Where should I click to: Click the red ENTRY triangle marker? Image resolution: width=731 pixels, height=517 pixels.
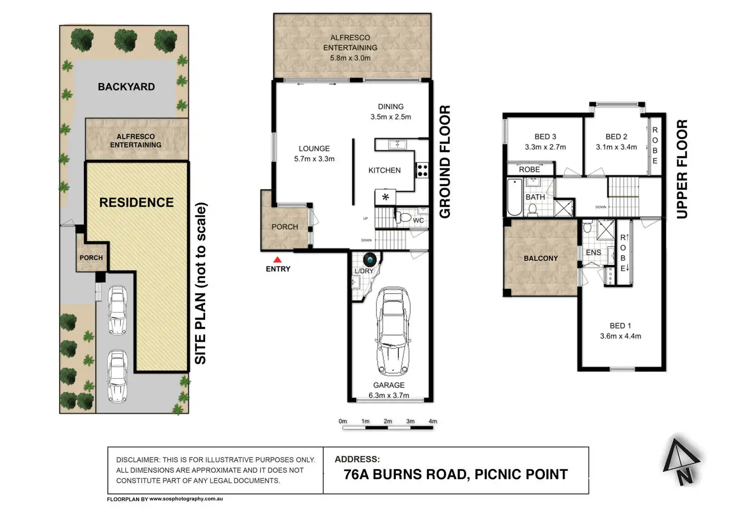click(278, 260)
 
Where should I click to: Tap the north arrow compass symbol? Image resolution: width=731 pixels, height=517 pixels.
click(681, 461)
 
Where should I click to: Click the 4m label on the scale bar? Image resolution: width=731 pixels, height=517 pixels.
click(433, 421)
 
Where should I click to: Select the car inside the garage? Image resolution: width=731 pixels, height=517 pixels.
click(393, 332)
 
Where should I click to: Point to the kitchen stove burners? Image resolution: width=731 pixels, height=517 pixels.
click(422, 170)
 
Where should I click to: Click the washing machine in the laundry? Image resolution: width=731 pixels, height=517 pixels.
click(370, 260)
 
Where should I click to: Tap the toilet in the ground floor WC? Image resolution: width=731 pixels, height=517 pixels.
click(403, 217)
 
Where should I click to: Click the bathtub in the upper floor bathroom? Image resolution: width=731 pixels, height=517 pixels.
click(514, 197)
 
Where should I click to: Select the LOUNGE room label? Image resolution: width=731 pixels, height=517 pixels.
click(314, 148)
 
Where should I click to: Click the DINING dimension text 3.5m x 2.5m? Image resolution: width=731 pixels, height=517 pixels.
click(391, 117)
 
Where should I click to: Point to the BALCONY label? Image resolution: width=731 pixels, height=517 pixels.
click(541, 258)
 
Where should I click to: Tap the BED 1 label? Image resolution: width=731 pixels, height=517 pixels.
click(620, 326)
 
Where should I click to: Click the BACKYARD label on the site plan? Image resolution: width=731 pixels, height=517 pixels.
click(126, 87)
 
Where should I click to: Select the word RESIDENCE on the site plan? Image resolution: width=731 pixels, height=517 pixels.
click(137, 202)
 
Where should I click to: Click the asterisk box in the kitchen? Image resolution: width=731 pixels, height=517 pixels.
click(385, 197)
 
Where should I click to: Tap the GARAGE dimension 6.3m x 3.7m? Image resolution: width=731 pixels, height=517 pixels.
click(389, 395)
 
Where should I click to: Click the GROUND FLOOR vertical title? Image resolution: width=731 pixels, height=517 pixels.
click(445, 162)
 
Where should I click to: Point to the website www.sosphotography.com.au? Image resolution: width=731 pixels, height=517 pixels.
click(186, 499)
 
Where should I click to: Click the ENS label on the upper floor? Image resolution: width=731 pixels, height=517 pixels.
click(593, 252)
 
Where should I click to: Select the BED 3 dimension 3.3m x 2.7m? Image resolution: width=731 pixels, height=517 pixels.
click(545, 147)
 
